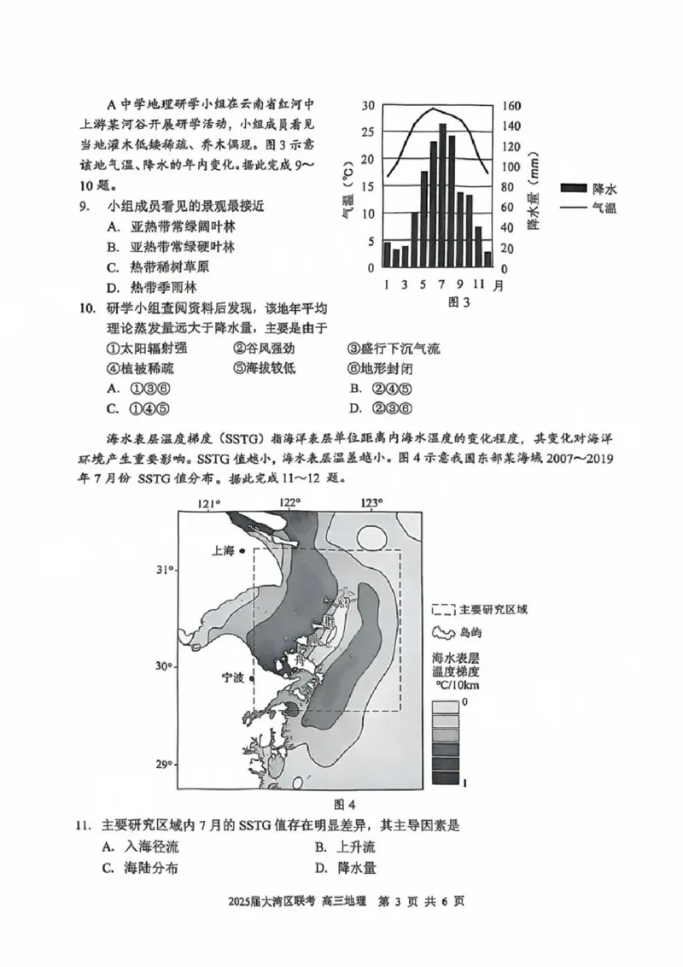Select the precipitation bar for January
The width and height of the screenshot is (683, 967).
[x=386, y=255]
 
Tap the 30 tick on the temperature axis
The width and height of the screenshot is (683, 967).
[x=368, y=106]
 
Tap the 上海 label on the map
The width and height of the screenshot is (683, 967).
[x=223, y=551]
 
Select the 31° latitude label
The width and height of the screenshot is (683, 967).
[x=165, y=570]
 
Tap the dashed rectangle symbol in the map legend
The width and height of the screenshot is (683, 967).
[x=443, y=610]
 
